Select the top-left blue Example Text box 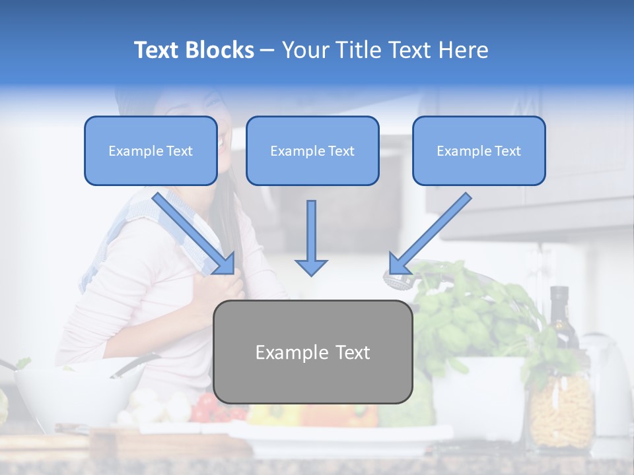point(151,151)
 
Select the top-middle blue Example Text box point(312,151)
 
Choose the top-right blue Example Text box point(479,151)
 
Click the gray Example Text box point(312,352)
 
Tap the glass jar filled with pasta point(562,409)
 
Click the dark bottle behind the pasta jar point(559,313)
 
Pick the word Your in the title point(304,50)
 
